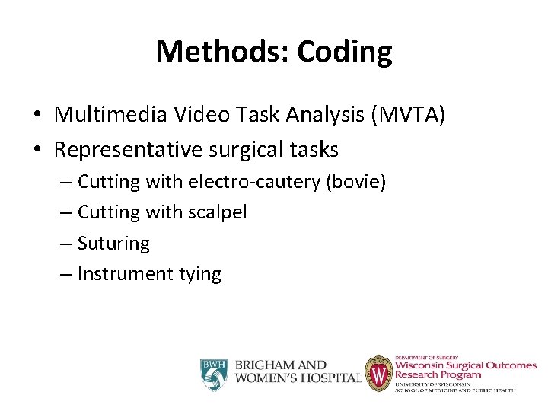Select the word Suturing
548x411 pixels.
pyautogui.click(x=113, y=244)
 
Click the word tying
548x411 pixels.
pyautogui.click(x=198, y=274)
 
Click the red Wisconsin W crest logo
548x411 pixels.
pyautogui.click(x=378, y=373)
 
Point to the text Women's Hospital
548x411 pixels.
pyautogui.click(x=297, y=378)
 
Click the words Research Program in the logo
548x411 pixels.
pyautogui.click(x=438, y=374)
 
